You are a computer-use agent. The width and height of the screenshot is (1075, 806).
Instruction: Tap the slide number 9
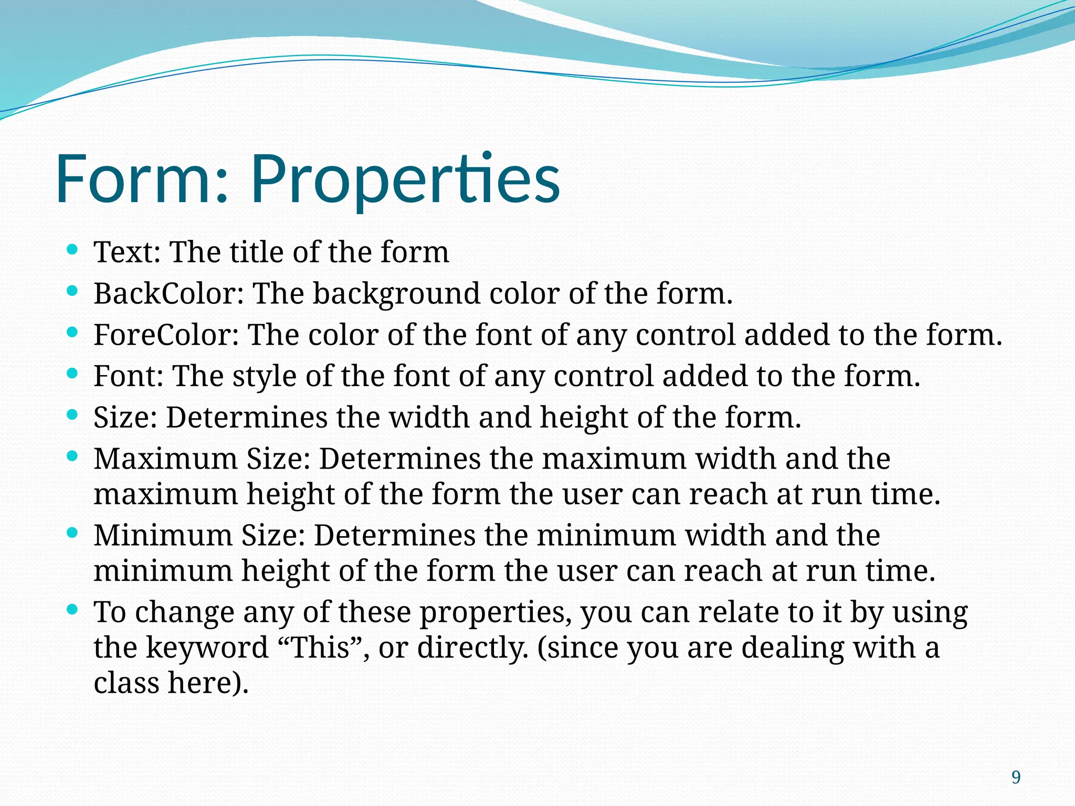pos(1016,777)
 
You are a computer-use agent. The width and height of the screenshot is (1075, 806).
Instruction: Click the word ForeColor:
pos(166,334)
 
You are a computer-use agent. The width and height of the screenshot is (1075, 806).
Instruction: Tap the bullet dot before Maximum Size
pos(73,455)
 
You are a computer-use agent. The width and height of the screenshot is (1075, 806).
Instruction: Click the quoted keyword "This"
pos(320,647)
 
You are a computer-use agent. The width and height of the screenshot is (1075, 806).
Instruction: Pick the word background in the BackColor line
pos(396,294)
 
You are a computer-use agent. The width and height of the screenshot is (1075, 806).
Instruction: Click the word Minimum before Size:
pos(163,535)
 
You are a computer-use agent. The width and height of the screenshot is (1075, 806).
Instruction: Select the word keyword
pos(207,648)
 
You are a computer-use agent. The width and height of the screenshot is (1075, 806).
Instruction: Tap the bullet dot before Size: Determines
pos(73,414)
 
